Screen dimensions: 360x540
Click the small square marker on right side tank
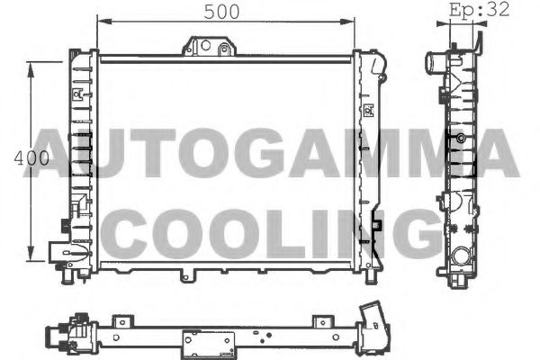(367, 112)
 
